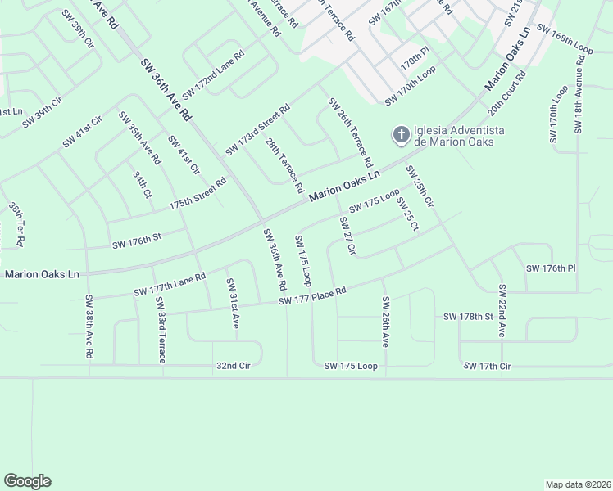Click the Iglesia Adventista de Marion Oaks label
[459, 136]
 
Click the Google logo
[27, 481]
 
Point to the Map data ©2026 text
[578, 484]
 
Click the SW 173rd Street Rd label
[257, 129]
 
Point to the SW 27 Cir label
[347, 236]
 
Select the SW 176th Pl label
[552, 268]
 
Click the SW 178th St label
[468, 316]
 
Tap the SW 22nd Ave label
[502, 312]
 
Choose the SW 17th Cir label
[487, 366]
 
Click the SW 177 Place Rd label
[312, 296]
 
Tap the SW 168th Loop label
[565, 38]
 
